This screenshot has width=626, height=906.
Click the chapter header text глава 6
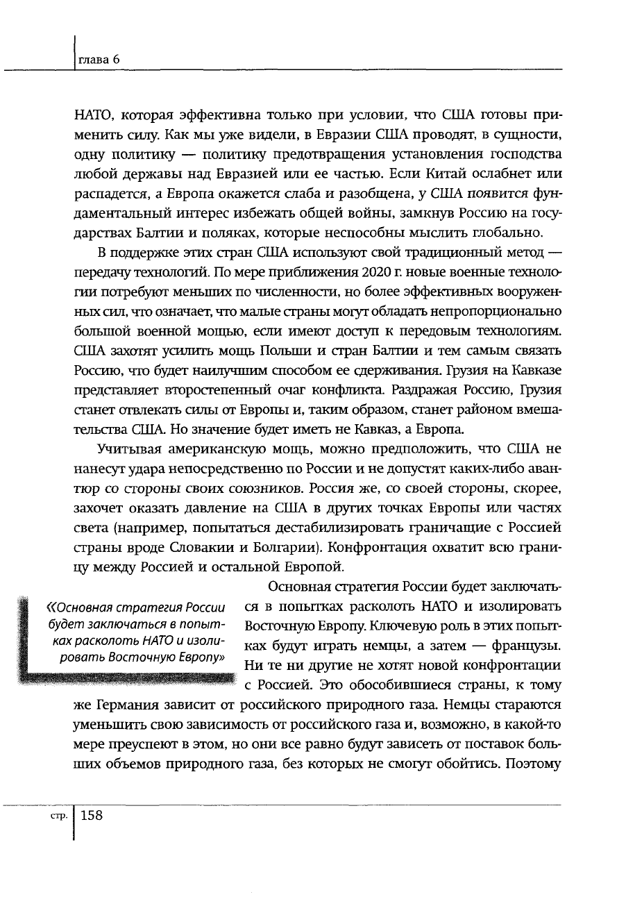coord(99,60)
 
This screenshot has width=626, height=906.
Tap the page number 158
coord(92,816)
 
